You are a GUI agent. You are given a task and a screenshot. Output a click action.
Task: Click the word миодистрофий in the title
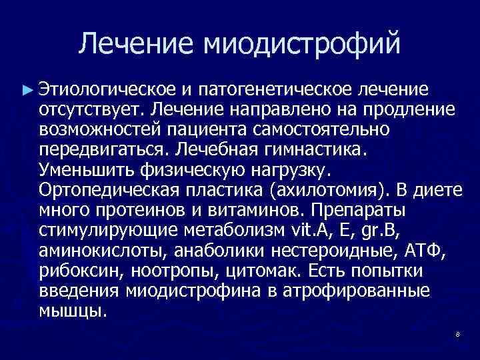303,43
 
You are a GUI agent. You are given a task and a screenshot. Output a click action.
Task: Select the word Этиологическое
107,89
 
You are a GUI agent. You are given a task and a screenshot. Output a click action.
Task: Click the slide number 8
458,334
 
